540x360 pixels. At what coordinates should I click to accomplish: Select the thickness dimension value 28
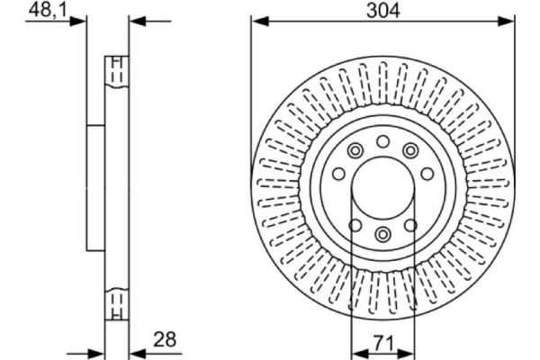coord(165,339)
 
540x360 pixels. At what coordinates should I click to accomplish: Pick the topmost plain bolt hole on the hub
coord(382,140)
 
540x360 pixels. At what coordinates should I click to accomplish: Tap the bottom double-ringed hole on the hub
coord(382,235)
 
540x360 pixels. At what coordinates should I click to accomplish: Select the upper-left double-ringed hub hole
coord(355,150)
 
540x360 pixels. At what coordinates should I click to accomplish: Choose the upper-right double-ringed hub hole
coord(410,150)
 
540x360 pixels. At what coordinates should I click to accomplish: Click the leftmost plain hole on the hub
coord(338,174)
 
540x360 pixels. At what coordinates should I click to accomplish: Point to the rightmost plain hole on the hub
coord(427,174)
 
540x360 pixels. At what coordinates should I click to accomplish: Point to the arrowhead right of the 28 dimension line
coord(136,350)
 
